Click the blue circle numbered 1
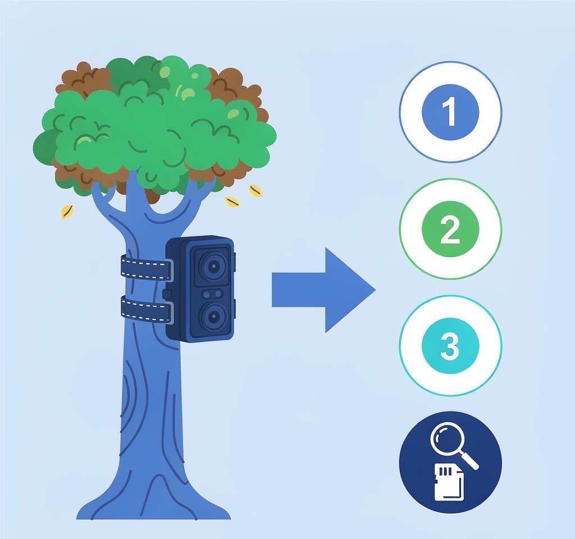coord(450,112)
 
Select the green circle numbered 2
coord(450,229)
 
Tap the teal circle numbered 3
coord(450,346)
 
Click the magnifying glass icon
coord(454,445)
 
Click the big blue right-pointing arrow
coord(323,290)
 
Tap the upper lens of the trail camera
coord(212,267)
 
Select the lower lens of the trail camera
coord(212,316)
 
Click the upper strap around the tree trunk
coord(147,268)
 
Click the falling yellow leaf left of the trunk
coord(67,212)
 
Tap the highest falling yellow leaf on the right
coord(255,191)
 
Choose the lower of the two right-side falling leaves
coord(232,202)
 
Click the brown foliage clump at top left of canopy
coord(84,81)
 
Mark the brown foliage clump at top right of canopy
coord(235,88)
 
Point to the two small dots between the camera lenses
coord(212,294)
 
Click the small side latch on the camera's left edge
coord(166,294)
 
